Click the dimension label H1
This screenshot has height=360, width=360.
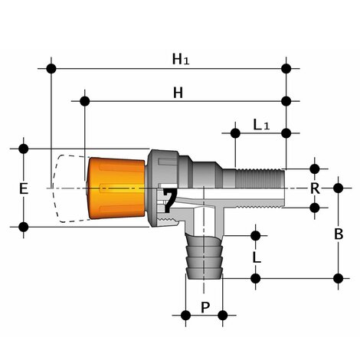180,57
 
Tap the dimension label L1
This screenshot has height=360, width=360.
260,124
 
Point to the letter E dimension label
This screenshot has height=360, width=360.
24,188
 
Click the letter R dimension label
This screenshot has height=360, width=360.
314,188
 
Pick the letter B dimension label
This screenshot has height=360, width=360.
339,234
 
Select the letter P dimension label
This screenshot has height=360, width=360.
204,308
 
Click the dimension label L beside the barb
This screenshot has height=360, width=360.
256,257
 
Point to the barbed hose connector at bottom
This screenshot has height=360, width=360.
204,257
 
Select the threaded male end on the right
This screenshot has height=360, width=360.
260,178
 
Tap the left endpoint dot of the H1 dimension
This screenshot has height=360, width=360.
51,68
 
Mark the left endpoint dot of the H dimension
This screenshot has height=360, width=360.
85,100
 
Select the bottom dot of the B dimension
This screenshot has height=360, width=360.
339,277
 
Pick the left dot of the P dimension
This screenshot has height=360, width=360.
185,315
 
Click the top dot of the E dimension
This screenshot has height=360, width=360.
24,148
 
